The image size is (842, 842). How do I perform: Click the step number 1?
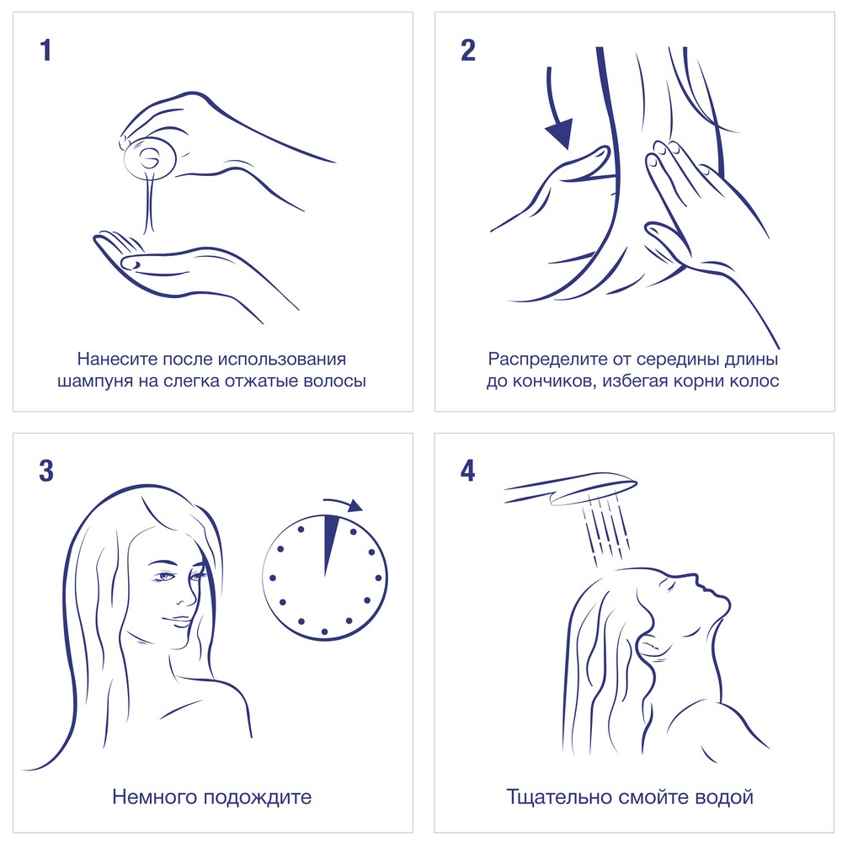click(45, 51)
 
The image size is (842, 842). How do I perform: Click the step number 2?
click(467, 51)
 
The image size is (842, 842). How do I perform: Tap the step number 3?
click(46, 471)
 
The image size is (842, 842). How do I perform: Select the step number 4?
click(467, 471)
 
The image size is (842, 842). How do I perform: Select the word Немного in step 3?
click(154, 797)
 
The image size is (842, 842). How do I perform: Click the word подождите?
click(257, 797)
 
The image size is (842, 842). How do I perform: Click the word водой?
click(724, 797)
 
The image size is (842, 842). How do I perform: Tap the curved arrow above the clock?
click(344, 504)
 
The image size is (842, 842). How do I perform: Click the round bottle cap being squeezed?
click(150, 158)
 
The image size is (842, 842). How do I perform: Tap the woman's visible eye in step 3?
click(164, 577)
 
